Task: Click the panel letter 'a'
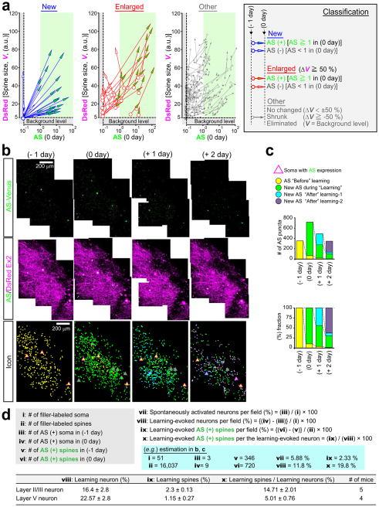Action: (5, 6)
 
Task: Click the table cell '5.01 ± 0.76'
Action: (276, 497)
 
